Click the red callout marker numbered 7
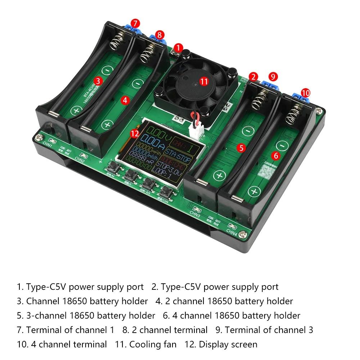pos(135,23)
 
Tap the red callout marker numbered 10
pos(305,93)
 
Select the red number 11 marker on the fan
pos(204,81)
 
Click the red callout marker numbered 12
pos(135,134)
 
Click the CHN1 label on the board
pos(47,146)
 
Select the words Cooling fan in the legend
pos(153,345)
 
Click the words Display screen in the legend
pos(228,345)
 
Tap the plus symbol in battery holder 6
pos(254,191)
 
